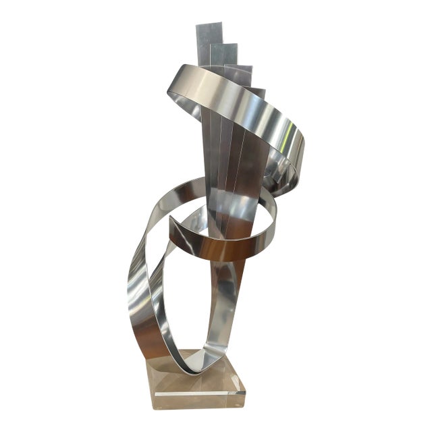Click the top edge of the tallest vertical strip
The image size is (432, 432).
pyautogui.click(x=209, y=25)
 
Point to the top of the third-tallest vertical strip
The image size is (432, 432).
pyautogui.click(x=239, y=67)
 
